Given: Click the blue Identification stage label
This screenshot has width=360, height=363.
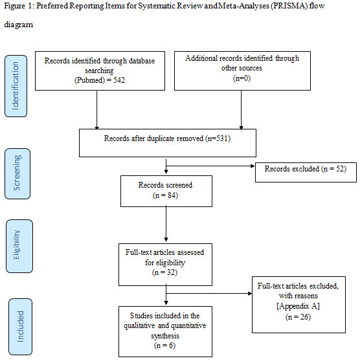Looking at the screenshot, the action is click(x=16, y=86).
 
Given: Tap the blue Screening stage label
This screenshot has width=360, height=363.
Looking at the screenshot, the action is click(x=17, y=173).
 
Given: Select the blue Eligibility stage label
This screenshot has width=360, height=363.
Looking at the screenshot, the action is click(x=19, y=246).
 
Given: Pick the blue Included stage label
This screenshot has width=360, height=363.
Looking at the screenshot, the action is click(x=20, y=326).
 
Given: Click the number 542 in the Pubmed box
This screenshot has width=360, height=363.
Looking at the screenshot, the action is click(x=119, y=80).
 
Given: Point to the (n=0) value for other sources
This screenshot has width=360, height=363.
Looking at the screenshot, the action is click(x=242, y=78).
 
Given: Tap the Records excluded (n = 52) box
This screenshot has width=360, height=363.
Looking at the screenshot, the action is click(x=306, y=172).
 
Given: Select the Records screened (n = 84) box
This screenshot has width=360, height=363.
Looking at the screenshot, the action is click(x=166, y=191).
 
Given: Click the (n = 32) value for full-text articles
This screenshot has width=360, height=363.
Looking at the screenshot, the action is click(x=164, y=272).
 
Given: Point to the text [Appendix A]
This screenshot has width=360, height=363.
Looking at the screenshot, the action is click(x=298, y=306).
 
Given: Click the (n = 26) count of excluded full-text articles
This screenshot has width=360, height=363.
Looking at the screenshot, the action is click(x=298, y=316).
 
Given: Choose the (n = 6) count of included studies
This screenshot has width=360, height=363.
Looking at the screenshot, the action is click(x=164, y=346).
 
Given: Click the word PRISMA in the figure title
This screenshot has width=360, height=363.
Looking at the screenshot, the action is click(x=289, y=6).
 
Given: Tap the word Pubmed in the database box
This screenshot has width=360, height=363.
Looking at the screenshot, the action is click(x=89, y=80).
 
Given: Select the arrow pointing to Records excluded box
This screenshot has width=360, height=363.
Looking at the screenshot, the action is click(x=210, y=166).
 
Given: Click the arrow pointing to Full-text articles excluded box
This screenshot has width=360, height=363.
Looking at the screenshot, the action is click(x=209, y=294).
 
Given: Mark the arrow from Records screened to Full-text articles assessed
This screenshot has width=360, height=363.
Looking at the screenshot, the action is click(x=166, y=225).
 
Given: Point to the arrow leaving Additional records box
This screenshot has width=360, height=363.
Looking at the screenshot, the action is click(x=241, y=110).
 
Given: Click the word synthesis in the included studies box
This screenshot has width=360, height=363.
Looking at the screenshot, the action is click(x=165, y=336).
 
